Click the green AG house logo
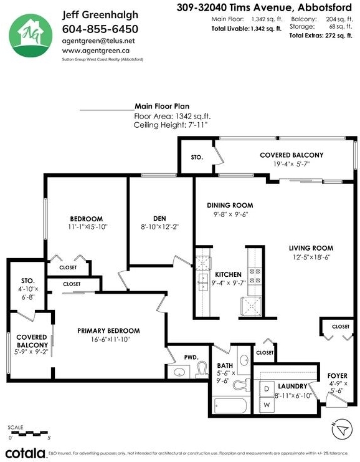pyautogui.click(x=31, y=35)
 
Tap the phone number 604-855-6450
pyautogui.click(x=100, y=29)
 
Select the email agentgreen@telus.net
pyautogui.click(x=98, y=41)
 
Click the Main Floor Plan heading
pyautogui.click(x=162, y=107)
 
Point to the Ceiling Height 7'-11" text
pyautogui.click(x=171, y=125)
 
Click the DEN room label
pyautogui.click(x=159, y=218)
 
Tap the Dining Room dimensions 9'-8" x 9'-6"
pyautogui.click(x=231, y=214)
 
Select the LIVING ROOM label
pyautogui.click(x=311, y=248)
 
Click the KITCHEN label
pyautogui.click(x=228, y=274)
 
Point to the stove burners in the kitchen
pyautogui.click(x=255, y=275)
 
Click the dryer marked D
pyautogui.click(x=267, y=389)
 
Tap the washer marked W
pyautogui.click(x=267, y=405)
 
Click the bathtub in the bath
pyautogui.click(x=230, y=406)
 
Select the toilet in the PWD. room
pyautogui.click(x=201, y=370)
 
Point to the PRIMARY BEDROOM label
pyautogui.click(x=108, y=331)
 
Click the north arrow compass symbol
pyautogui.click(x=342, y=429)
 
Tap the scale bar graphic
pyautogui.click(x=29, y=433)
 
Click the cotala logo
pyautogui.click(x=26, y=453)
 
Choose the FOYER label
pyautogui.click(x=338, y=376)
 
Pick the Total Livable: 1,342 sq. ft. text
pyautogui.click(x=247, y=29)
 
